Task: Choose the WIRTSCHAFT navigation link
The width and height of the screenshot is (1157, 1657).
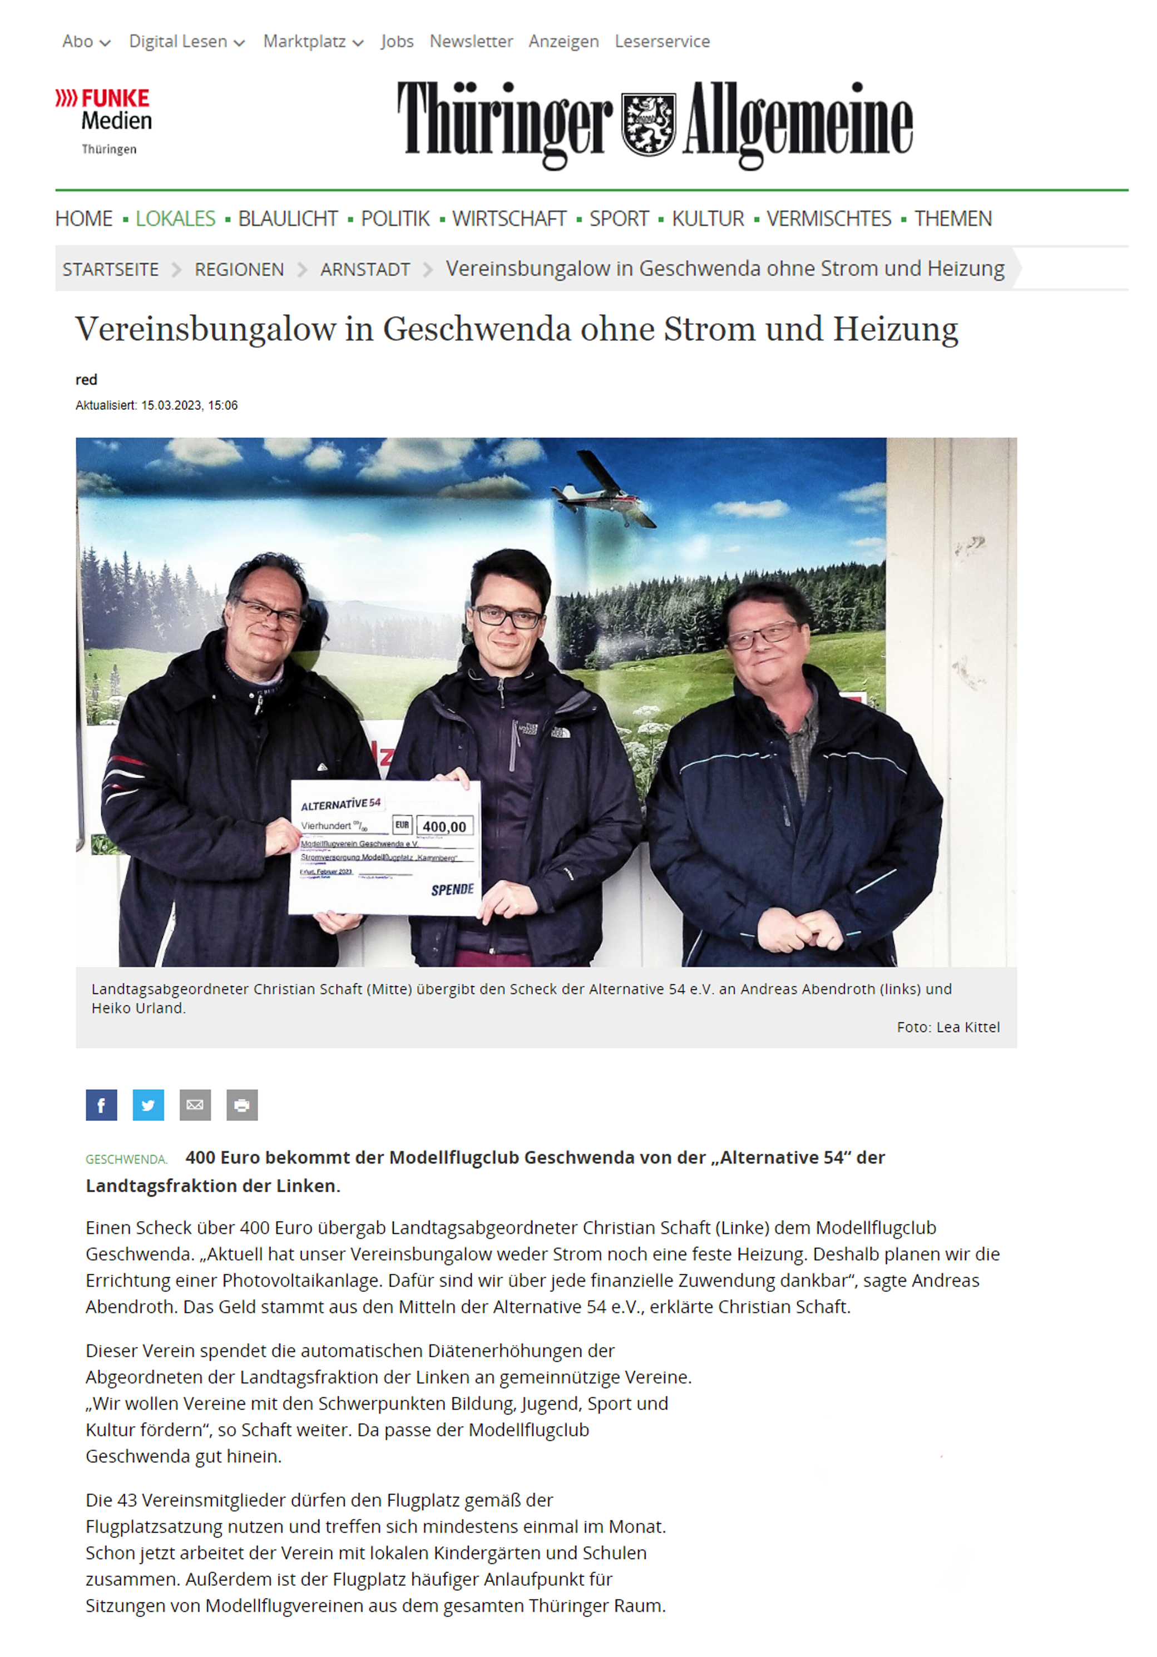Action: pyautogui.click(x=509, y=219)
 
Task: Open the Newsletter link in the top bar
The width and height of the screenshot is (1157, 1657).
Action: pyautogui.click(x=471, y=42)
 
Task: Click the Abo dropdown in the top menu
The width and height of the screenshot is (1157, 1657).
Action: pyautogui.click(x=86, y=42)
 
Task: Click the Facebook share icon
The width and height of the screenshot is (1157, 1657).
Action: pyautogui.click(x=101, y=1105)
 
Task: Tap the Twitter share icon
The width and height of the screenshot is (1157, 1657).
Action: pyautogui.click(x=148, y=1105)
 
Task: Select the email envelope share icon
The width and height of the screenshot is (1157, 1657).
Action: pyautogui.click(x=195, y=1105)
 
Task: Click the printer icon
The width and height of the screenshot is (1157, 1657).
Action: pyautogui.click(x=242, y=1105)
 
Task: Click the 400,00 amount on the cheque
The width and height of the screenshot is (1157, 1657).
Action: pyautogui.click(x=444, y=826)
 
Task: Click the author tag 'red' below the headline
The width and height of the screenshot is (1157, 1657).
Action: pyautogui.click(x=86, y=380)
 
